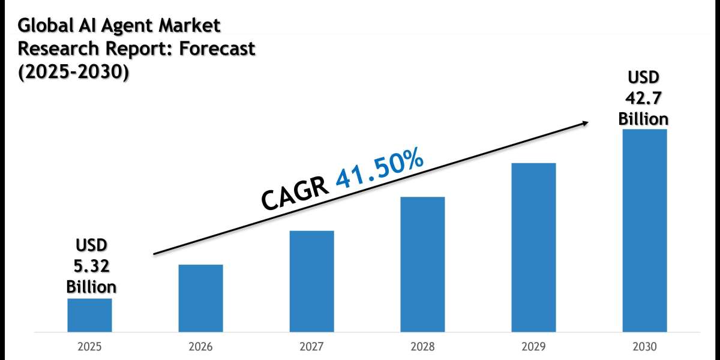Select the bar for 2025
pos(89,315)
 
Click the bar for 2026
pos(200,298)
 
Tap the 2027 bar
pos(311,281)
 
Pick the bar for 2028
pos(422,264)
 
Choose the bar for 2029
pos(533,247)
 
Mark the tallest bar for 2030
pos(644,230)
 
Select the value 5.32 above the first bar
pos(91,266)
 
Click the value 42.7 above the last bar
pos(643,98)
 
